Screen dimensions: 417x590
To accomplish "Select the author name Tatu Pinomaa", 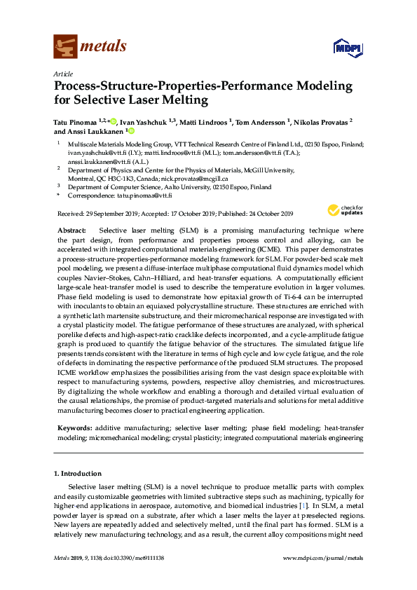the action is (75, 121).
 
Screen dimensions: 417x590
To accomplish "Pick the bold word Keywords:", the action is (73, 427).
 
